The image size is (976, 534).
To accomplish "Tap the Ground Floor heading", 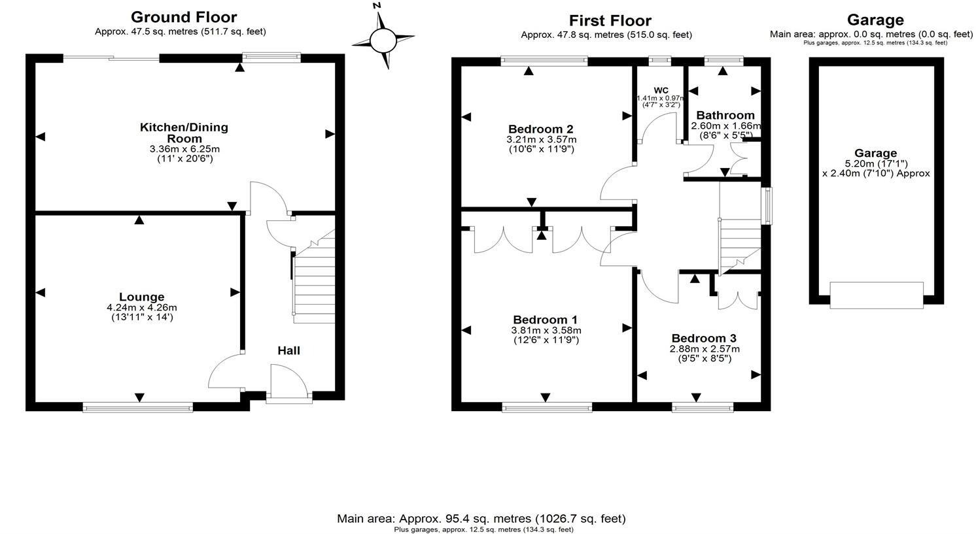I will tap(184, 17).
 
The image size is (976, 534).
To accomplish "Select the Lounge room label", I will tap(141, 297).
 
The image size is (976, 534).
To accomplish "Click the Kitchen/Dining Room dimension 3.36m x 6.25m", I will tap(184, 149).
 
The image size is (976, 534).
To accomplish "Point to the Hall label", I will tap(288, 350).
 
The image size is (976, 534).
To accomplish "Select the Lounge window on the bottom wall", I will tap(138, 408).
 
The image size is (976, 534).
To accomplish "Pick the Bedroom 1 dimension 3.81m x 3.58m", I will tap(546, 330).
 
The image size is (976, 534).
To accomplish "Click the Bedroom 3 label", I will tap(704, 338).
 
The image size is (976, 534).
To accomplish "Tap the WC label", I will tap(661, 90).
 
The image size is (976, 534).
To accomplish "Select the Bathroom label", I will tap(725, 115).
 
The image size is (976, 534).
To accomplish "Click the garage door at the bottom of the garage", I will tap(877, 295).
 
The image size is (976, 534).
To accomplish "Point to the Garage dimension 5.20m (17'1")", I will tap(876, 163).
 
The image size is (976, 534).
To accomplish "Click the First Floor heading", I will tap(610, 21).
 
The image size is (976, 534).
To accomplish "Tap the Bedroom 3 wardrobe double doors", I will tap(738, 295).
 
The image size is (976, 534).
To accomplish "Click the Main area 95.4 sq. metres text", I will tap(481, 518).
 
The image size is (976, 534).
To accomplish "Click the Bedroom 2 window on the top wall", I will tap(544, 61).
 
